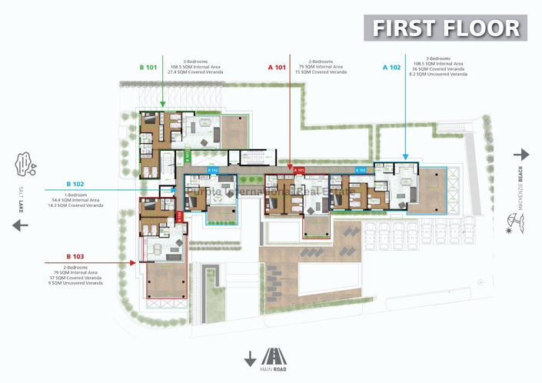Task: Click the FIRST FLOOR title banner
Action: pyautogui.click(x=446, y=28)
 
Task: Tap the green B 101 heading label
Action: pyautogui.click(x=148, y=68)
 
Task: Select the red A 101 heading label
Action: pyautogui.click(x=277, y=68)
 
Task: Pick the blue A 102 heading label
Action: pyautogui.click(x=391, y=68)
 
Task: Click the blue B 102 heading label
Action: pyautogui.click(x=75, y=184)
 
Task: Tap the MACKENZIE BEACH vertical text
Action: pyautogui.click(x=520, y=187)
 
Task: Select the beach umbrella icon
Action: pyautogui.click(x=520, y=224)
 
